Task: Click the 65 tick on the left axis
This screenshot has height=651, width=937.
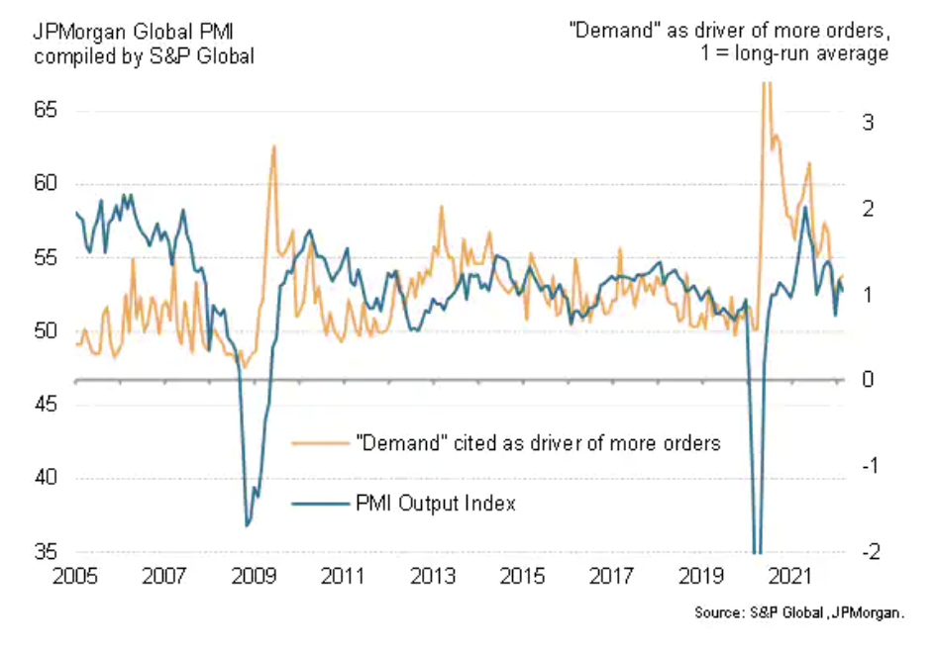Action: pos(46,110)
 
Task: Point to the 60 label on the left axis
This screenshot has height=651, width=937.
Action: pos(46,184)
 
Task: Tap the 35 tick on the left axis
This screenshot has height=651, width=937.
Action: pos(46,552)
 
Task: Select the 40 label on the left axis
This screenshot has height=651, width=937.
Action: pos(46,479)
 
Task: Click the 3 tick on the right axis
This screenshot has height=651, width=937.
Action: pos(868,123)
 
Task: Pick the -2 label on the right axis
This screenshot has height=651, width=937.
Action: pos(865,552)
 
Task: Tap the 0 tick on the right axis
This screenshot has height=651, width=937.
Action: pos(868,380)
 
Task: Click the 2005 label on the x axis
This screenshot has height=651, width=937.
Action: pos(76,575)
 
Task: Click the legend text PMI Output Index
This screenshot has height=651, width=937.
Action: pos(436,504)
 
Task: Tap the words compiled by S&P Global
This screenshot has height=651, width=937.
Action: pos(144,55)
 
